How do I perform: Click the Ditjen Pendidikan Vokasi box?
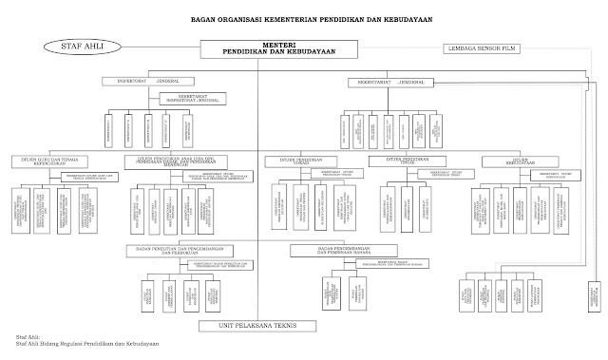296,160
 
